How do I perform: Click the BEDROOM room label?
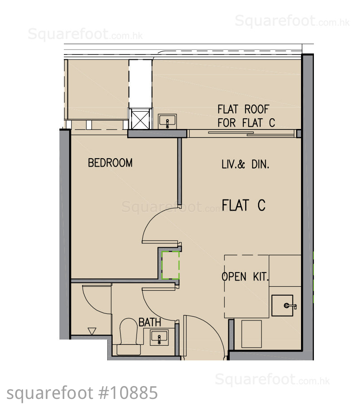110,163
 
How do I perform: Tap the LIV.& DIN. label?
245,164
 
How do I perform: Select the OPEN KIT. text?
245,277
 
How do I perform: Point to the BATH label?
150,322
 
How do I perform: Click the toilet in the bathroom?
129,336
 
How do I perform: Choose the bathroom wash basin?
159,338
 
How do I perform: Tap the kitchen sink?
282,305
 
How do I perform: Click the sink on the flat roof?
167,121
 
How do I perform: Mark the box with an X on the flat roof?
140,120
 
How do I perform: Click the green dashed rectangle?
170,265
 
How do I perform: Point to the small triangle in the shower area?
92,331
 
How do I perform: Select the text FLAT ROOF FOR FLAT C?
246,116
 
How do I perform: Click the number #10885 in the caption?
128,393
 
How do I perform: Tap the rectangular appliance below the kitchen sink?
251,334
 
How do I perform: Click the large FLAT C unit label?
243,205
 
